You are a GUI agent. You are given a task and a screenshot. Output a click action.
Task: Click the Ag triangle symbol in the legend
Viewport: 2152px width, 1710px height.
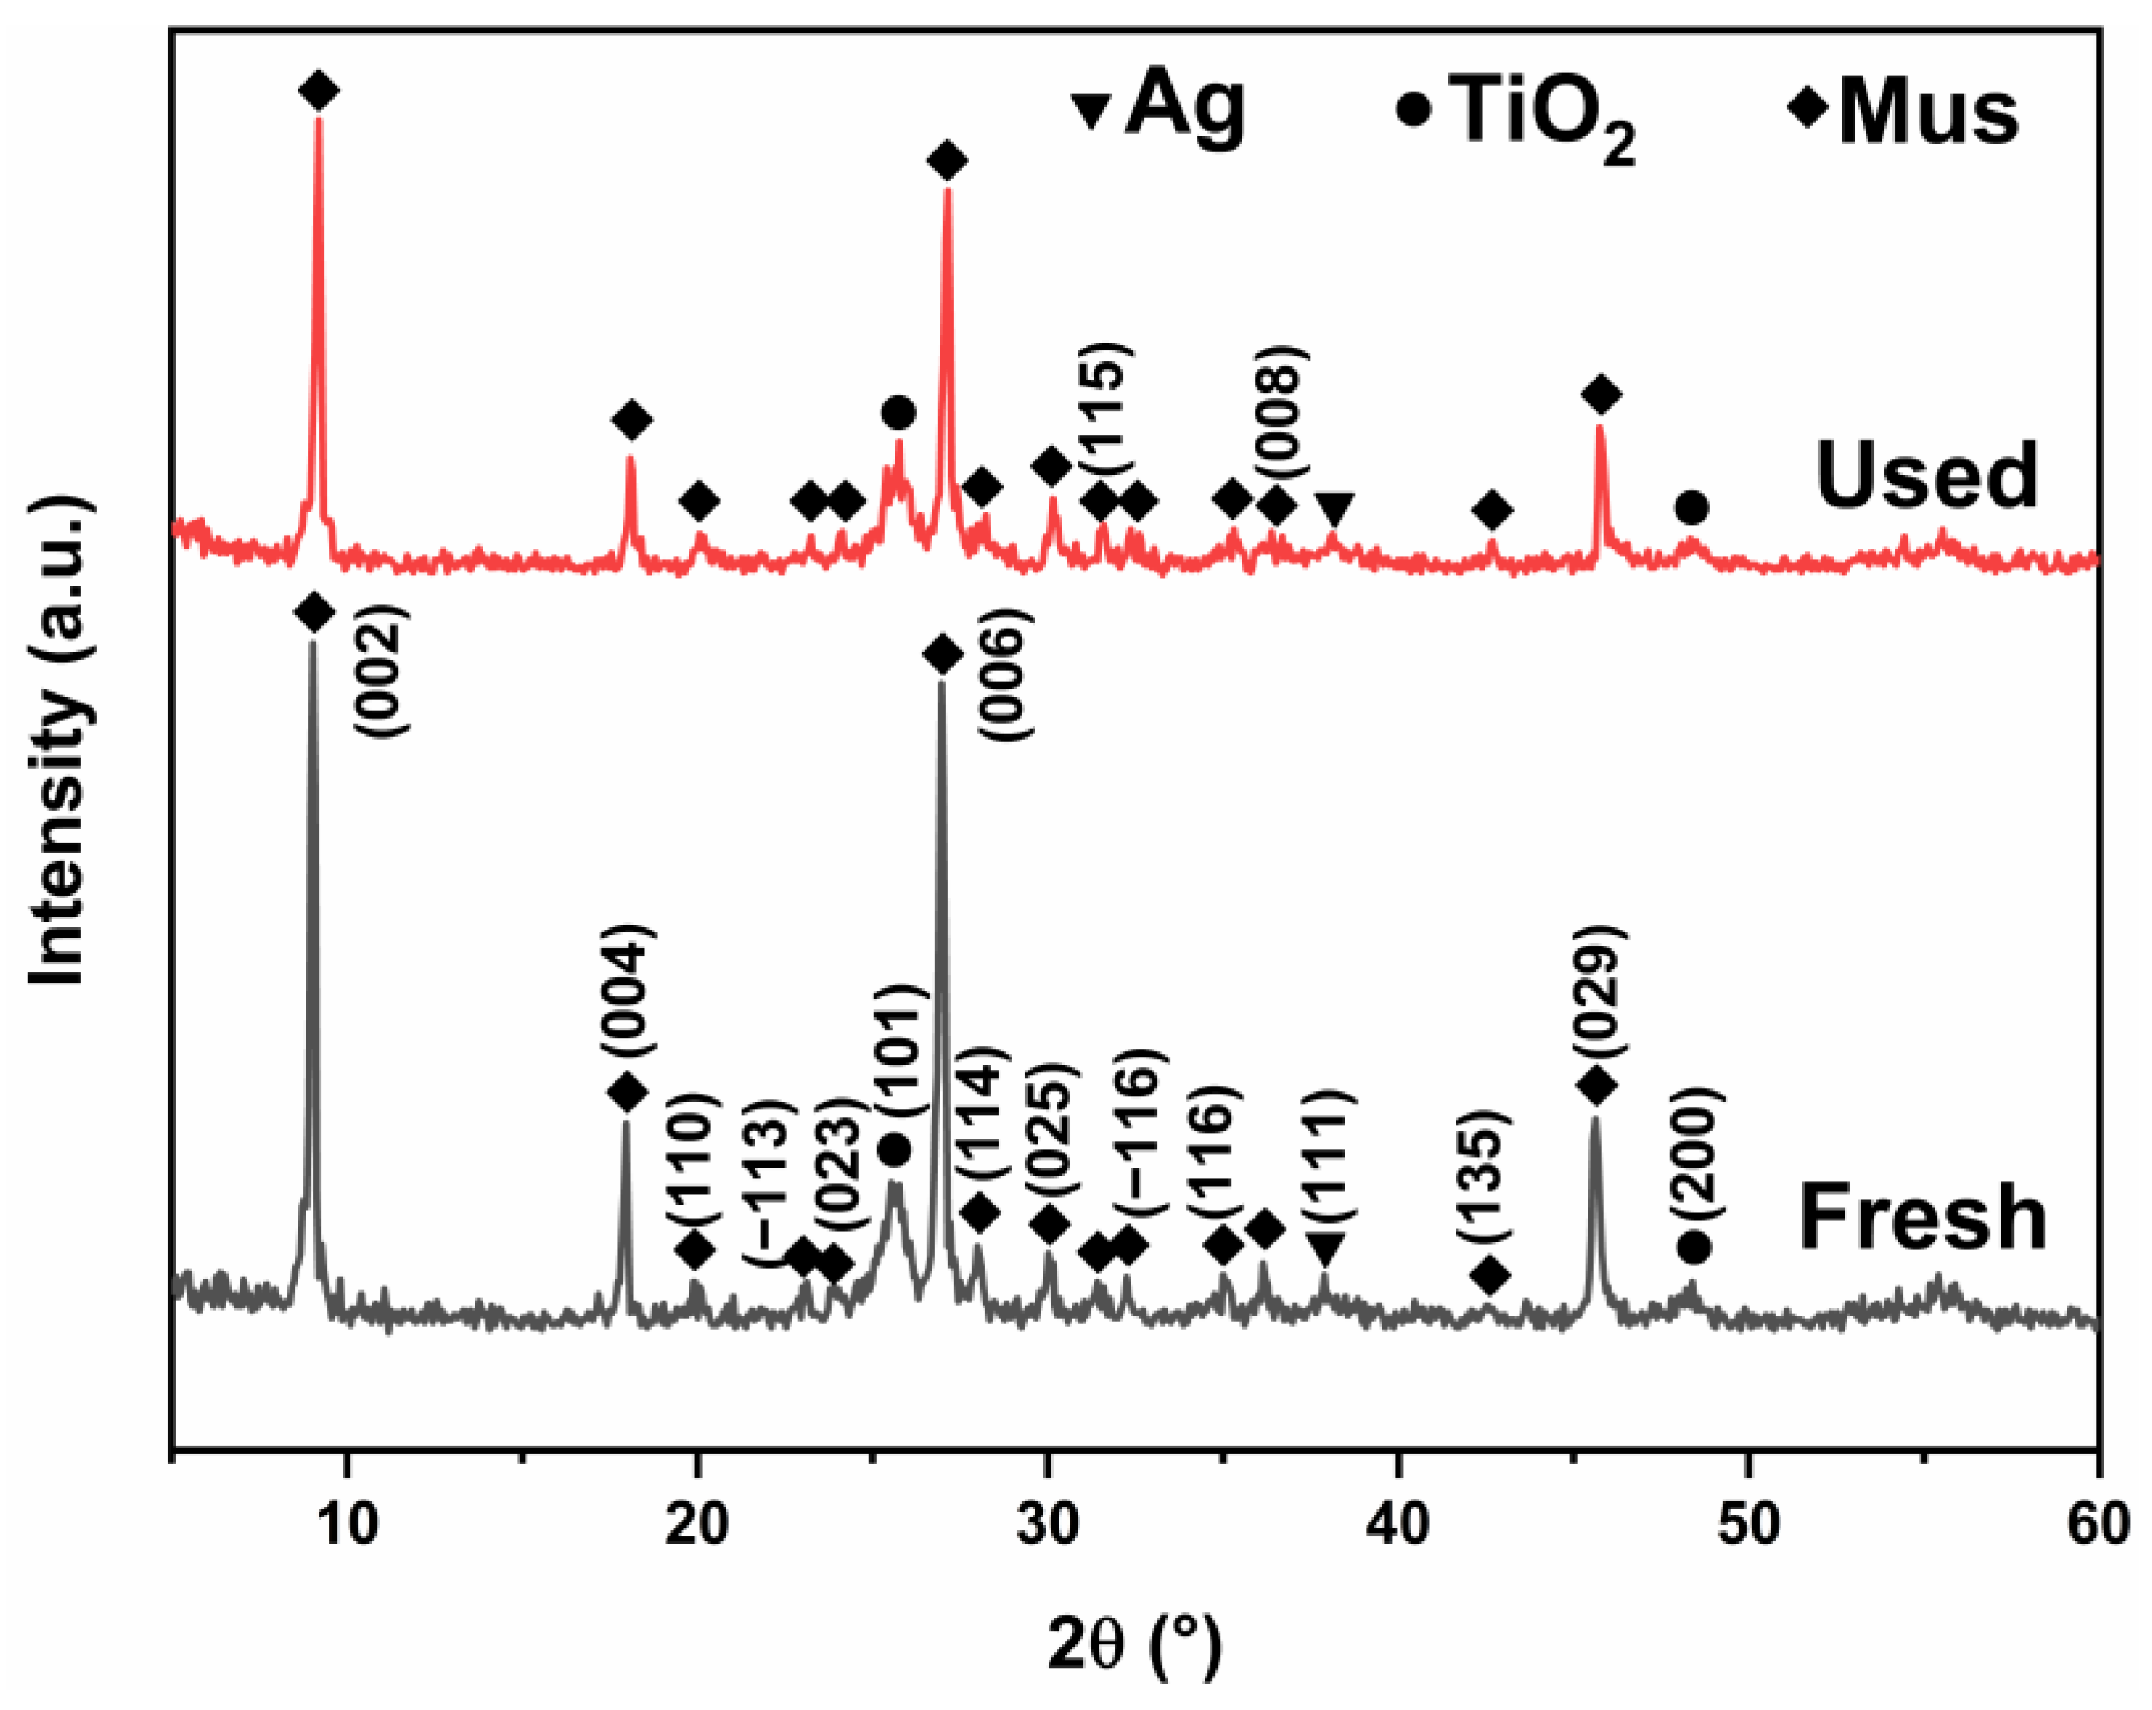[x=1093, y=109]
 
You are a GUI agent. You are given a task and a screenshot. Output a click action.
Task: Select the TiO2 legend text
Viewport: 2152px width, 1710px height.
[x=1542, y=117]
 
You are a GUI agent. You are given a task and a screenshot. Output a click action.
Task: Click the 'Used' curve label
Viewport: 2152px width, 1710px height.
[x=1926, y=476]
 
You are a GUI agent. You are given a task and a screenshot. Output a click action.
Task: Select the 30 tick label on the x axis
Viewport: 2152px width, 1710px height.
[x=1047, y=1525]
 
